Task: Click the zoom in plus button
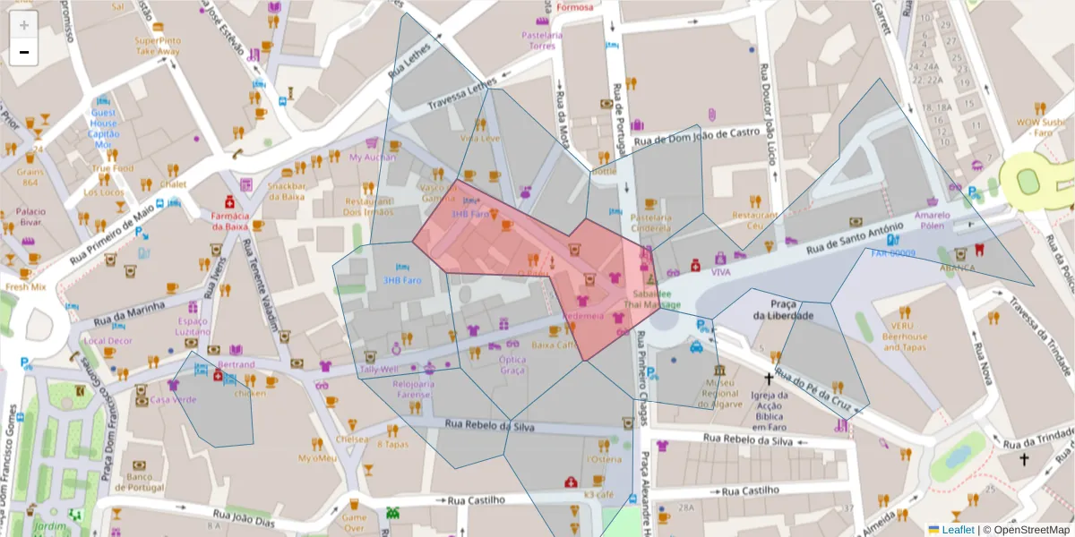pos(24,25)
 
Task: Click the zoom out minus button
pos(24,52)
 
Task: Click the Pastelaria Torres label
pos(542,40)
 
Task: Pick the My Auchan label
pos(372,158)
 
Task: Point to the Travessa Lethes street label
pos(461,94)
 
